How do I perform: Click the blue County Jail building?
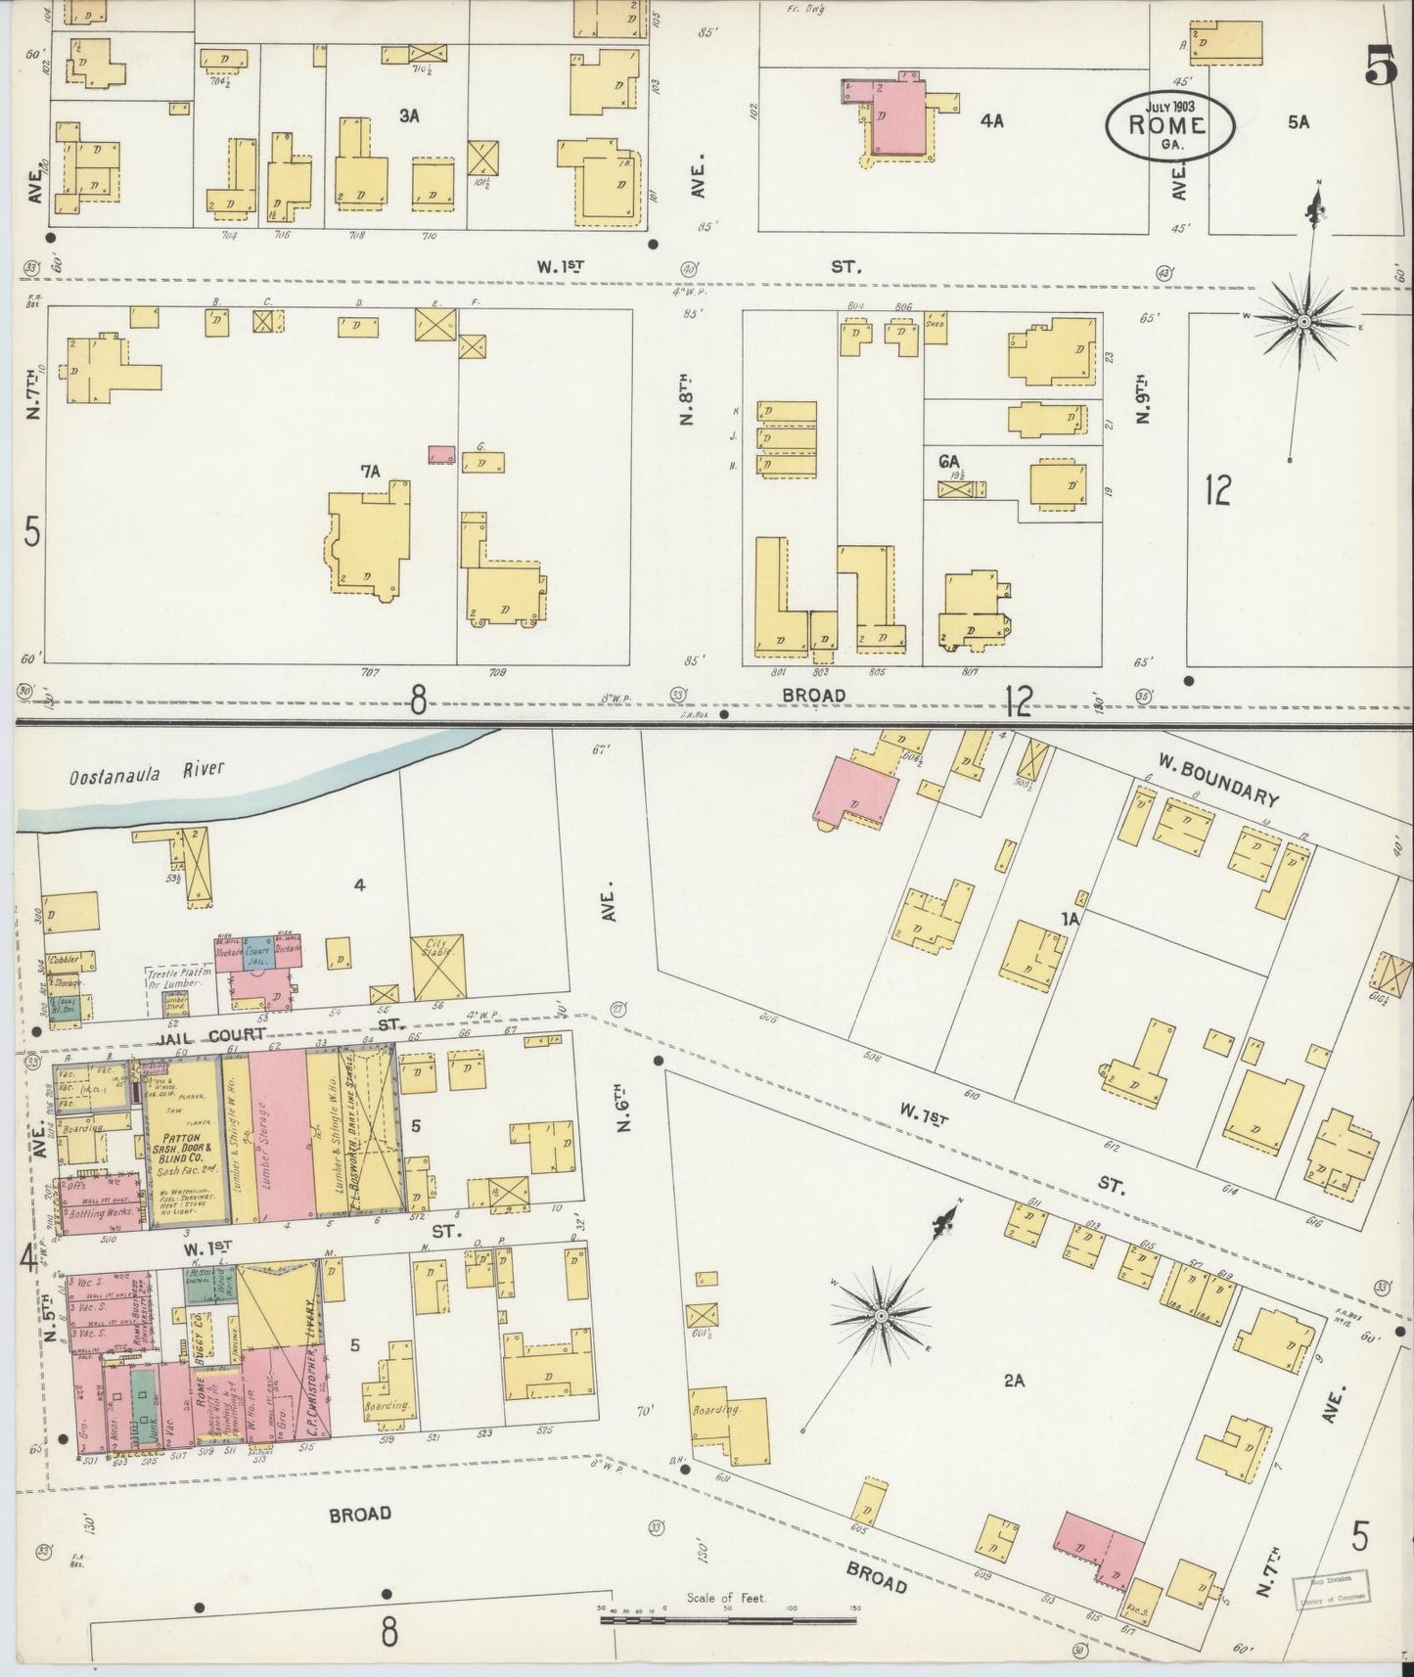click(x=257, y=950)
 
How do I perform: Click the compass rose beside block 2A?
click(x=881, y=1316)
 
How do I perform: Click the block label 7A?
click(x=370, y=472)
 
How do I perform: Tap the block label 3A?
click(x=408, y=115)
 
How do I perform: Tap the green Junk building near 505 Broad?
click(x=143, y=1401)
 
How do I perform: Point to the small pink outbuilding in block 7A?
click(x=442, y=454)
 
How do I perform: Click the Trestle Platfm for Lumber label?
click(x=174, y=978)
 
